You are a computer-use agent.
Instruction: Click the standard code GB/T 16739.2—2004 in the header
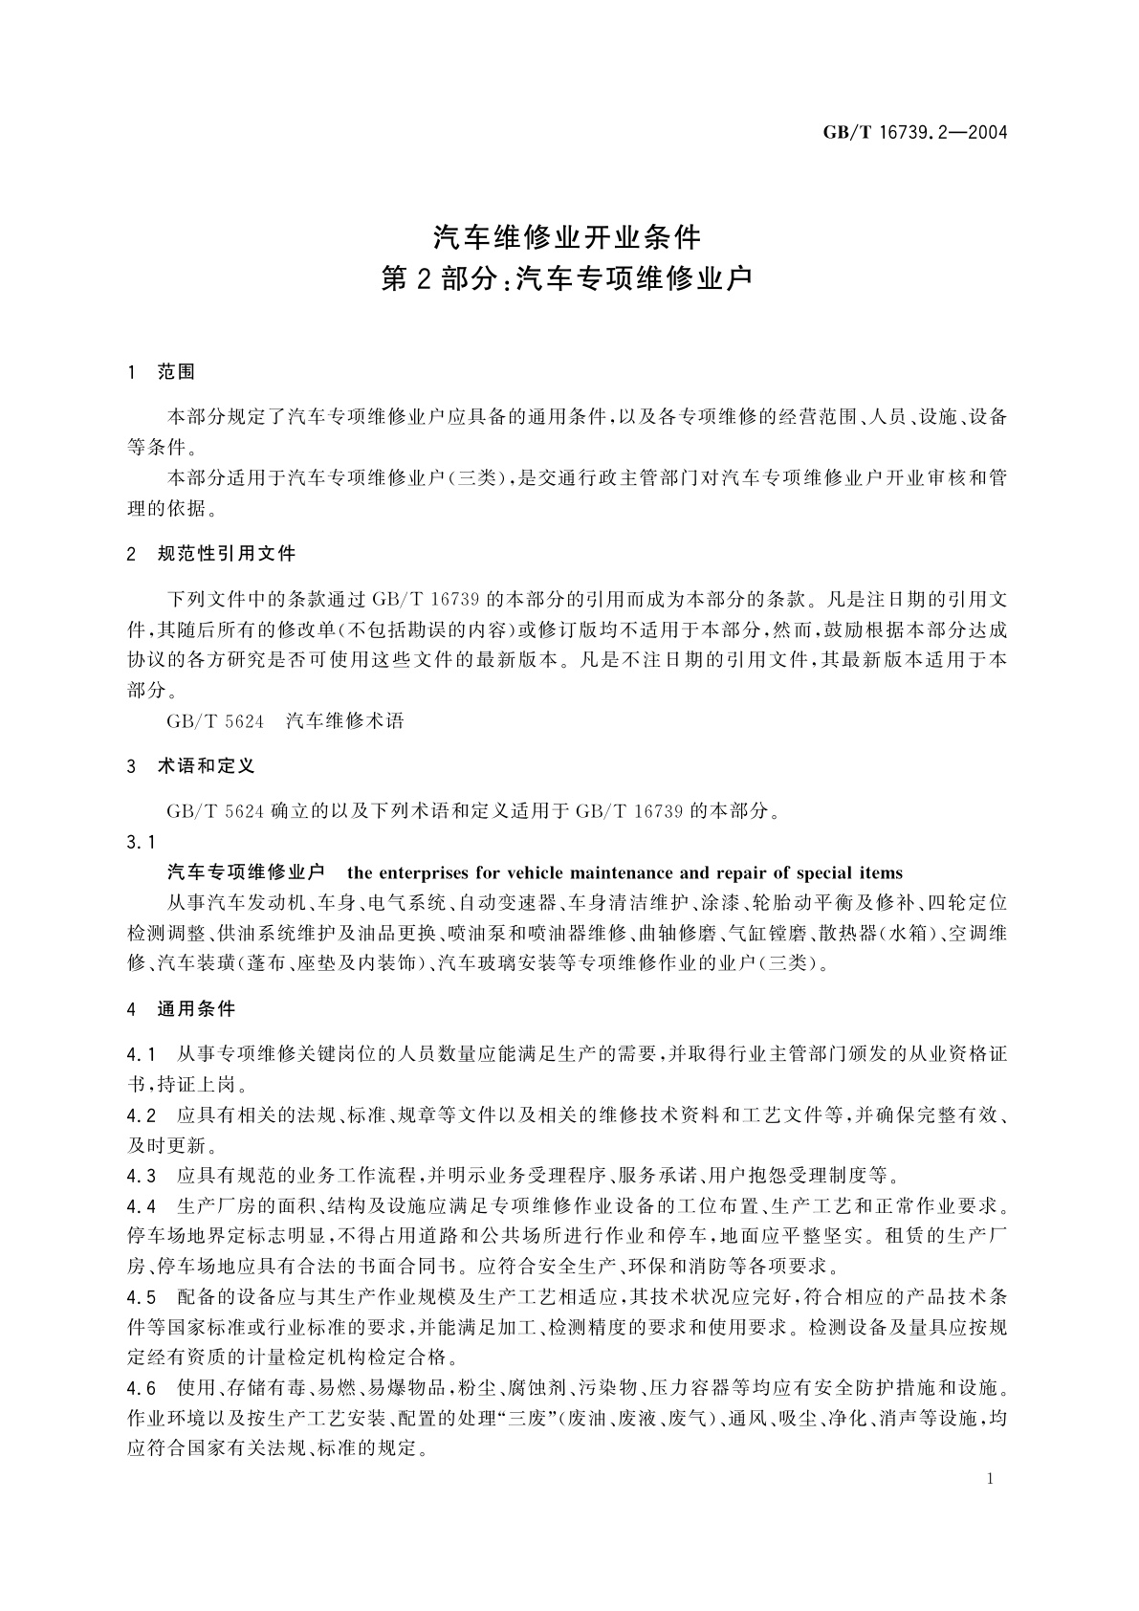[x=915, y=133]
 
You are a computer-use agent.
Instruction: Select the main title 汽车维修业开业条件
[x=568, y=236]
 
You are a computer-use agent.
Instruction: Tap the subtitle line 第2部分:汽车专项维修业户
[x=568, y=279]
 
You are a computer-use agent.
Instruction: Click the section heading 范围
[x=176, y=372]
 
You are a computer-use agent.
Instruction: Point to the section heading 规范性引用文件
[x=227, y=553]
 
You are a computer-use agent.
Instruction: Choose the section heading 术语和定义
[x=206, y=766]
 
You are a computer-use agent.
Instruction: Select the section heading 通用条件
[x=196, y=1008]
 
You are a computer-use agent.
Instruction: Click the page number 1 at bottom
[x=990, y=1479]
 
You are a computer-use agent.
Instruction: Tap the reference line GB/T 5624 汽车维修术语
[x=285, y=721]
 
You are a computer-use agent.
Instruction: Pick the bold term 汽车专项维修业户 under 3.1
[x=246, y=872]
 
